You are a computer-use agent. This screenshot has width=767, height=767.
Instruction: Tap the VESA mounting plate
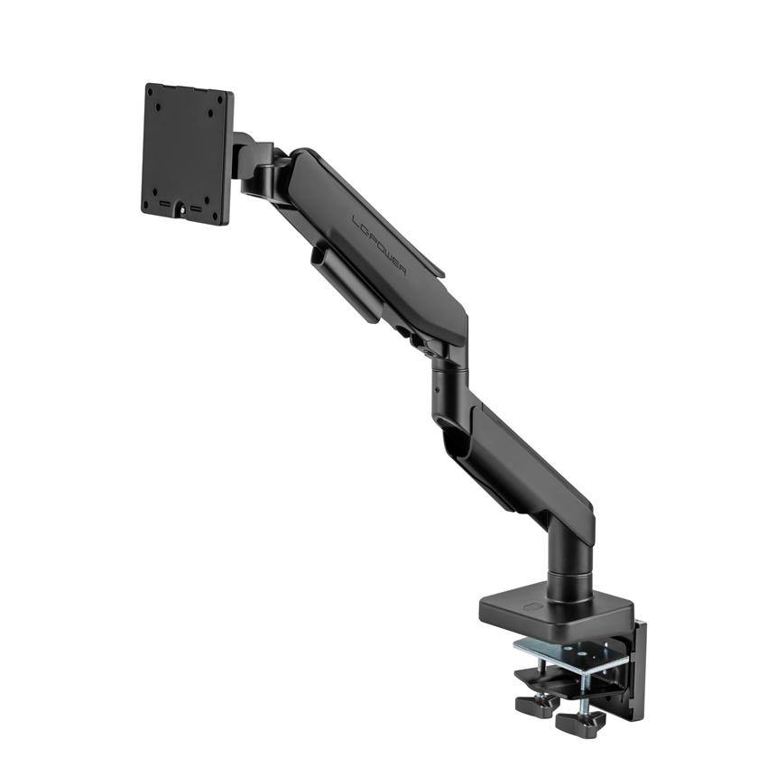point(188,153)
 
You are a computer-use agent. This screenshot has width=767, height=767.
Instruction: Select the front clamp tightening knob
point(578,721)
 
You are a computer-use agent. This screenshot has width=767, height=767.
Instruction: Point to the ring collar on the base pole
point(569,571)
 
